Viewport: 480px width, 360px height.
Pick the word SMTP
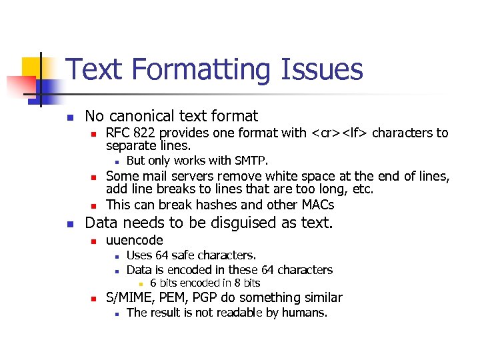point(251,160)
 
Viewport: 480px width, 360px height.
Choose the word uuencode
point(135,240)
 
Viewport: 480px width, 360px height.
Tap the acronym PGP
point(199,297)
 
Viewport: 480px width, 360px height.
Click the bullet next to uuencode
point(95,241)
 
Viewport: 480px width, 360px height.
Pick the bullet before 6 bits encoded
point(141,284)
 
